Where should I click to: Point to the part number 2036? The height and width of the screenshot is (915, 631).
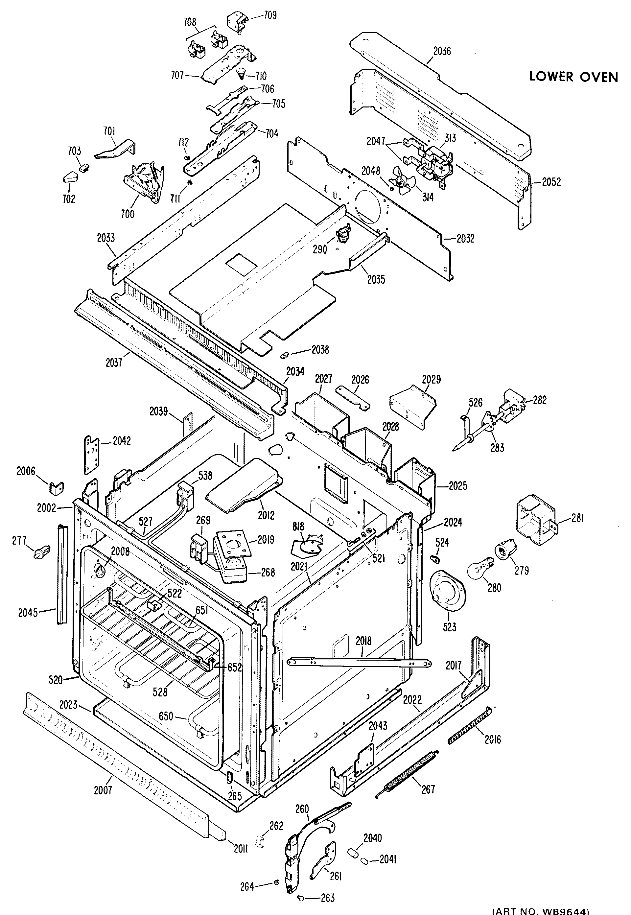tap(442, 51)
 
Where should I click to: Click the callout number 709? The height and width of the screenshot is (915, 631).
tap(270, 15)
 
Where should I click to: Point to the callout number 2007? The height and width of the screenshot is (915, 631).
tap(103, 790)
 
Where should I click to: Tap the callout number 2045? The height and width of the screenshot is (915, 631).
tap(28, 613)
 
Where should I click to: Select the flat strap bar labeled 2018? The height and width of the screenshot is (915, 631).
tap(360, 662)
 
